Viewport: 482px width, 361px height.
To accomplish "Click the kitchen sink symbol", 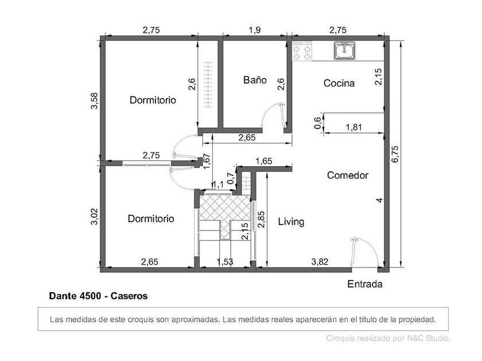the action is tap(345, 50).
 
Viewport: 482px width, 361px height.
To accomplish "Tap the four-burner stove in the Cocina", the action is tap(302, 51).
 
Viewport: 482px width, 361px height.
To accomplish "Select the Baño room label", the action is tap(255, 80).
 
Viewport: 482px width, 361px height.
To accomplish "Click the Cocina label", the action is tap(339, 83).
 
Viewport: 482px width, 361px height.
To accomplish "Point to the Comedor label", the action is tap(348, 175).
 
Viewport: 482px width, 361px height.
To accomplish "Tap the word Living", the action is tap(291, 222).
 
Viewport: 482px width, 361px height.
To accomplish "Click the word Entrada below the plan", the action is tap(365, 284).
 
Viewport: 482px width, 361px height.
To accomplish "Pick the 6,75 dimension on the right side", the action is tap(395, 154).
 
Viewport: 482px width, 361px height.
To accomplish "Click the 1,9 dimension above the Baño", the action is tap(255, 30).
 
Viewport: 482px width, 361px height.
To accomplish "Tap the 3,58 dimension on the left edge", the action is tap(94, 101).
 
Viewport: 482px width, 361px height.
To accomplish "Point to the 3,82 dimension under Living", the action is tap(320, 262).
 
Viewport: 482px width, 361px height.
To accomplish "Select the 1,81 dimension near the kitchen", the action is tap(354, 127).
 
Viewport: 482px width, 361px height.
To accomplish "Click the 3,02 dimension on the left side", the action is tap(94, 217).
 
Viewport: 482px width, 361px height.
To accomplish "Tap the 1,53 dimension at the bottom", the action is tap(225, 262).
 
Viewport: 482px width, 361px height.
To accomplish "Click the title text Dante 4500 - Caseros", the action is tap(98, 296).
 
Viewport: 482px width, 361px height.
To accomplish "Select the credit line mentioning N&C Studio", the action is tap(388, 338).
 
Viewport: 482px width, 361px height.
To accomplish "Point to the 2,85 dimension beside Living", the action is tap(261, 219).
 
